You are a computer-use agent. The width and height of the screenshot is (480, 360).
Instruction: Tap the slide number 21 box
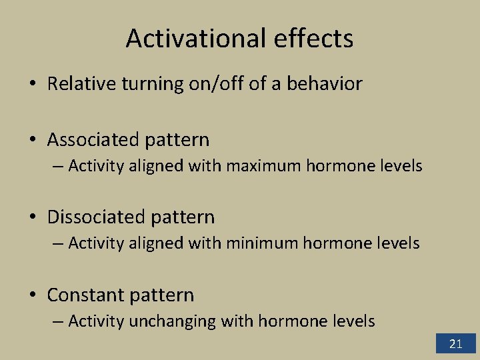point(456,344)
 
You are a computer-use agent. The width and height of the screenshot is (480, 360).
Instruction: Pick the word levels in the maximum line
point(401,165)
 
